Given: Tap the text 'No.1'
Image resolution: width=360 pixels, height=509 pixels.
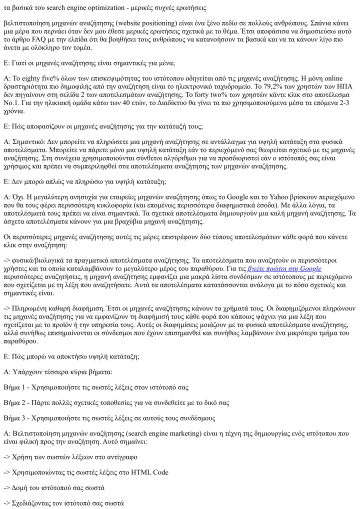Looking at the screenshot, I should pyautogui.click(x=11, y=104).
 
